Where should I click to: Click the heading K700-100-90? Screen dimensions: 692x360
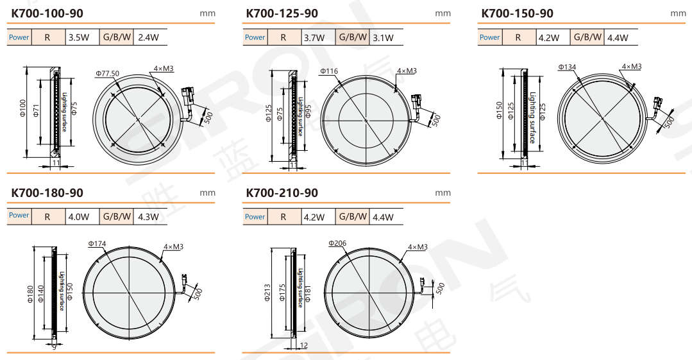click(47, 13)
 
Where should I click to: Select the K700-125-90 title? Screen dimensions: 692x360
click(282, 13)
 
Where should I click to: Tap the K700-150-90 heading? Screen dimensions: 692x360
click(517, 13)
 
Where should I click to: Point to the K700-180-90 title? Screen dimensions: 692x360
click(47, 193)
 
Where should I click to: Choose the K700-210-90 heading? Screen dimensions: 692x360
click(282, 193)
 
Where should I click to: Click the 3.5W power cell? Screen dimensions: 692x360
click(79, 38)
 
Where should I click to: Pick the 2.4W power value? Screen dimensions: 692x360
click(148, 38)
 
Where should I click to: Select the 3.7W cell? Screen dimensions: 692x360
click(314, 38)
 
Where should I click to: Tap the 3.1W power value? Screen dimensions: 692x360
click(383, 38)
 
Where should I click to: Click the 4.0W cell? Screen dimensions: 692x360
click(79, 217)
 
